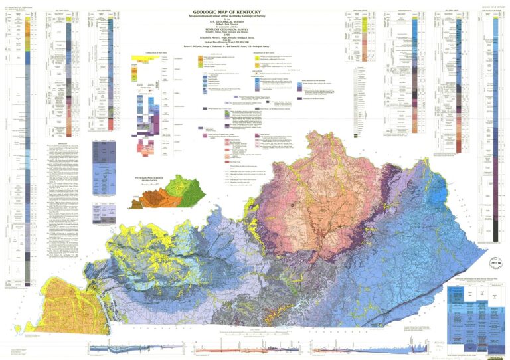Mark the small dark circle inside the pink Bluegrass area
tap(292, 205)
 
